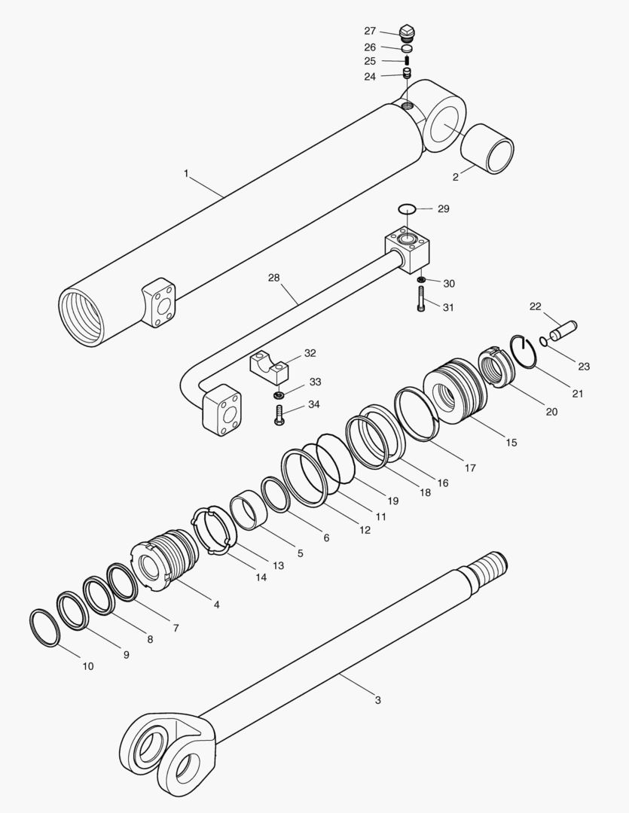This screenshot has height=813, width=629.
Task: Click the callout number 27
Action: click(370, 31)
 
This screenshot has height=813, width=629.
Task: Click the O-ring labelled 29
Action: click(406, 208)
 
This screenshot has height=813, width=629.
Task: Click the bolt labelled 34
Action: click(279, 415)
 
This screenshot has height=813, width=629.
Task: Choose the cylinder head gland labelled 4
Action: click(166, 559)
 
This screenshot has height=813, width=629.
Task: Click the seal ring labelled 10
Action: click(44, 628)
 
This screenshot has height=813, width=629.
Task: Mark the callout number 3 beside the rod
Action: click(377, 700)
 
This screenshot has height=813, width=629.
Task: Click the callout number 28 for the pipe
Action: click(273, 278)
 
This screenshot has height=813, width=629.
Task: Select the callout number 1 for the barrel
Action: click(186, 173)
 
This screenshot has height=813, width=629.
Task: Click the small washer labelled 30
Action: click(421, 281)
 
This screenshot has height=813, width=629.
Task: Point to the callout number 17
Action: click(470, 467)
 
